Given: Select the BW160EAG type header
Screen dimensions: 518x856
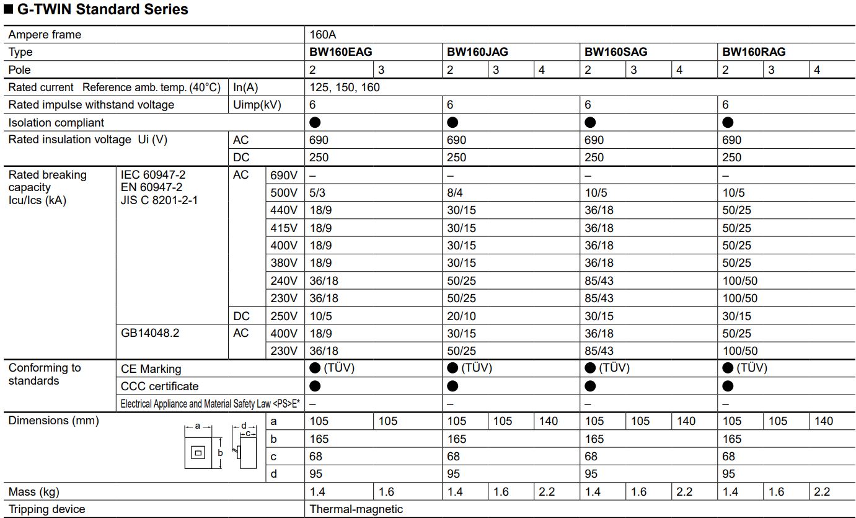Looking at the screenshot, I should coord(341,52).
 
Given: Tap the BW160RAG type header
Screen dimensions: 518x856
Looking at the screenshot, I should coord(754,52).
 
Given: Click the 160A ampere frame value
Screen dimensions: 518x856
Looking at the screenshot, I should coord(323,35).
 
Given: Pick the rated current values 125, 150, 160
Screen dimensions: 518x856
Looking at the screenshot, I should coord(345,87).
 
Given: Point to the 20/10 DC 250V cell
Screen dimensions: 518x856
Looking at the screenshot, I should coord(461,316).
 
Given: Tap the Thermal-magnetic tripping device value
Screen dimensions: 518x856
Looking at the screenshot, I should coord(356,509).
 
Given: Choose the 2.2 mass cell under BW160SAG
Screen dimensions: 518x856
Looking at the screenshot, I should coord(684,492).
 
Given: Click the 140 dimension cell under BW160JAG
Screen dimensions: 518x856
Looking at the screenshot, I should coord(549,421).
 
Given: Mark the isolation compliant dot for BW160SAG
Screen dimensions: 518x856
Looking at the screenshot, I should coord(590,123).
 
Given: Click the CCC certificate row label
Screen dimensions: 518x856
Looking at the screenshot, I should coord(160,386).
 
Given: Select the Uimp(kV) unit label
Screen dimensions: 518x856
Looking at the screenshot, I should coord(257,105).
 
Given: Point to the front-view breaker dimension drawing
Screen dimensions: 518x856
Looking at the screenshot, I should coord(198,452).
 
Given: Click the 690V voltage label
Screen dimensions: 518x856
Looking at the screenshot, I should coord(284,176).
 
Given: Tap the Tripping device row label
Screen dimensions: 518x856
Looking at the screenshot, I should coord(47,509).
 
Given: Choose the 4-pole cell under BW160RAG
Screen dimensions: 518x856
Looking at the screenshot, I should coord(817,70).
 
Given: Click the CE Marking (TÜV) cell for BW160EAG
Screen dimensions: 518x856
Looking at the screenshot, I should coord(332,368).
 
